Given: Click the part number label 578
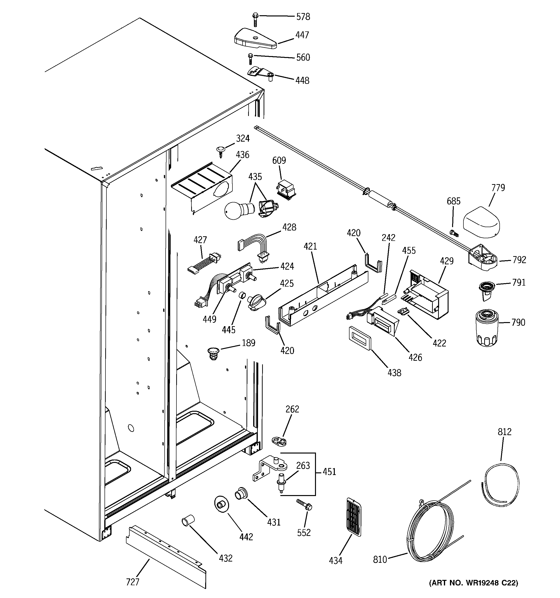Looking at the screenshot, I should tap(303, 17).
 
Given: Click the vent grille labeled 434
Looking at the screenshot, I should tap(354, 517).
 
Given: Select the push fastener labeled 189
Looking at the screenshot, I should tap(213, 353).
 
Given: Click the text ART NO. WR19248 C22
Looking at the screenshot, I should tap(473, 583).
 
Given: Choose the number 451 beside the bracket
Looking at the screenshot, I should tap(329, 472).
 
